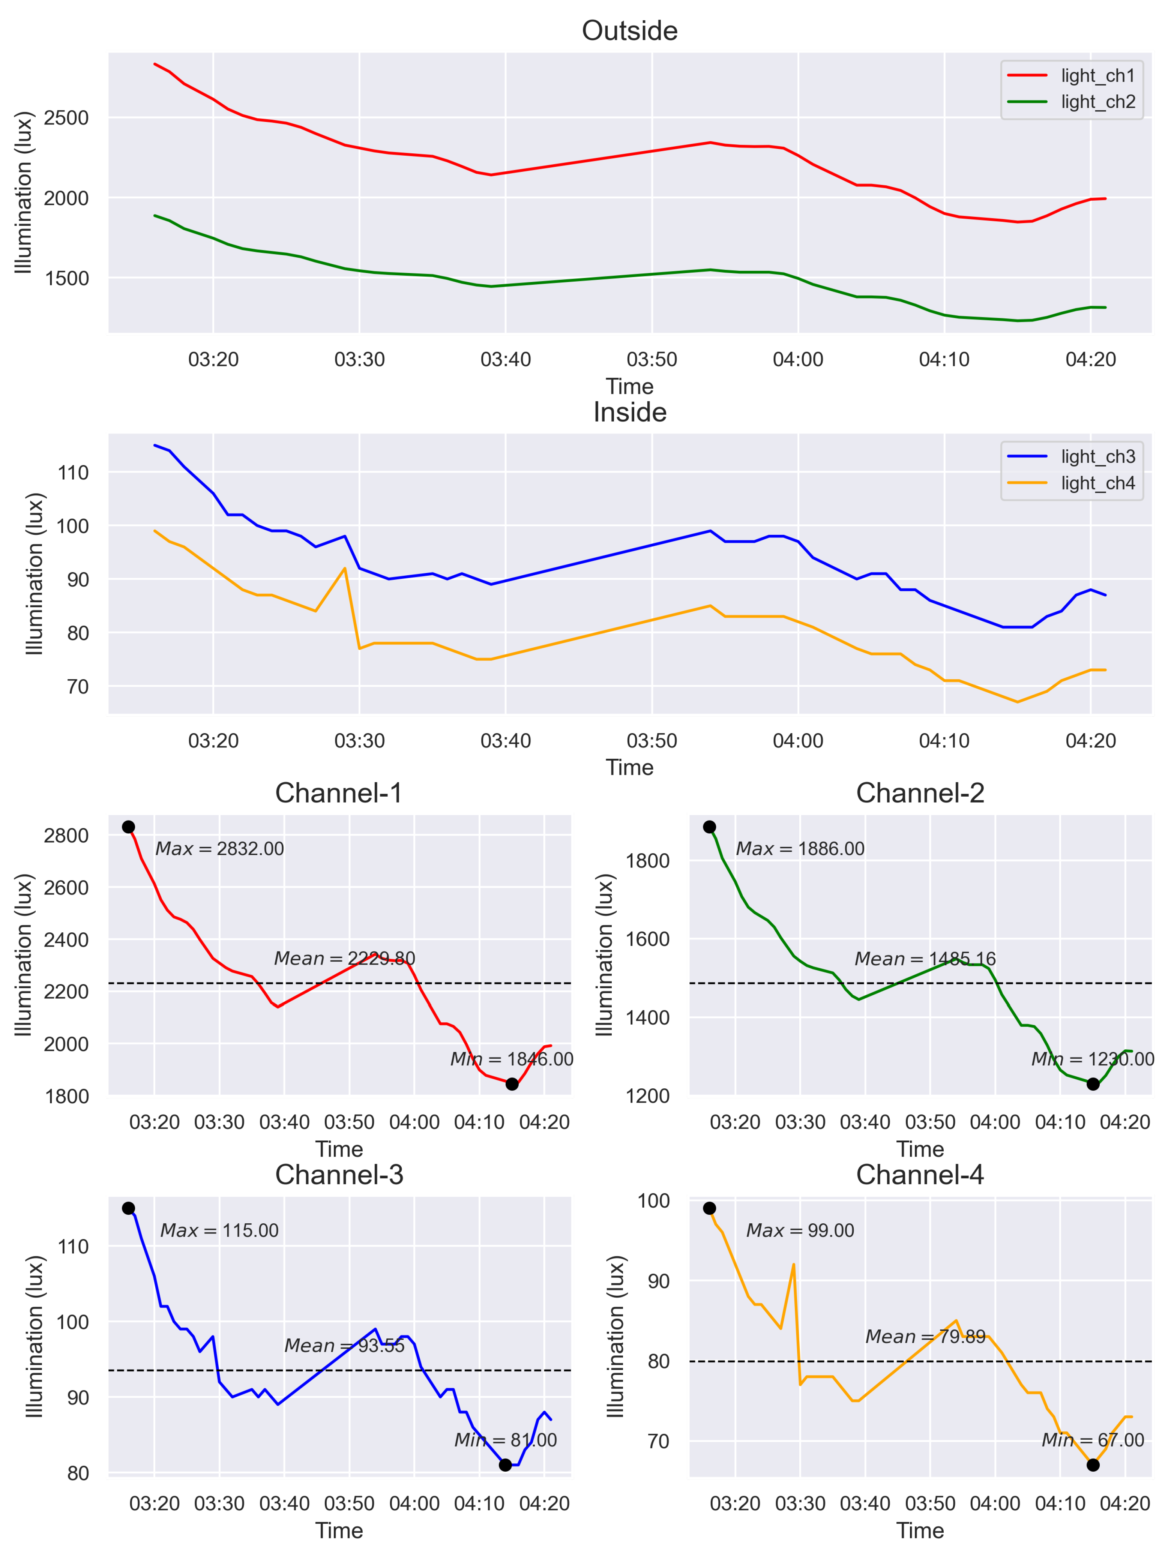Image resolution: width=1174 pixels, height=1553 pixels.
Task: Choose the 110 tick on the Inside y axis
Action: point(74,473)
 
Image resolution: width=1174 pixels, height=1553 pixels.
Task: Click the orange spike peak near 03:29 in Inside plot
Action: point(345,568)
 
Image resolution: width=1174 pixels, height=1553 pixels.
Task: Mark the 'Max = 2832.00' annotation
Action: point(220,849)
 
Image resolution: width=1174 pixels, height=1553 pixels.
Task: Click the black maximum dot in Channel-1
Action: point(129,827)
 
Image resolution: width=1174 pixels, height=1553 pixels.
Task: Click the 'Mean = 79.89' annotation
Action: point(925,1337)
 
